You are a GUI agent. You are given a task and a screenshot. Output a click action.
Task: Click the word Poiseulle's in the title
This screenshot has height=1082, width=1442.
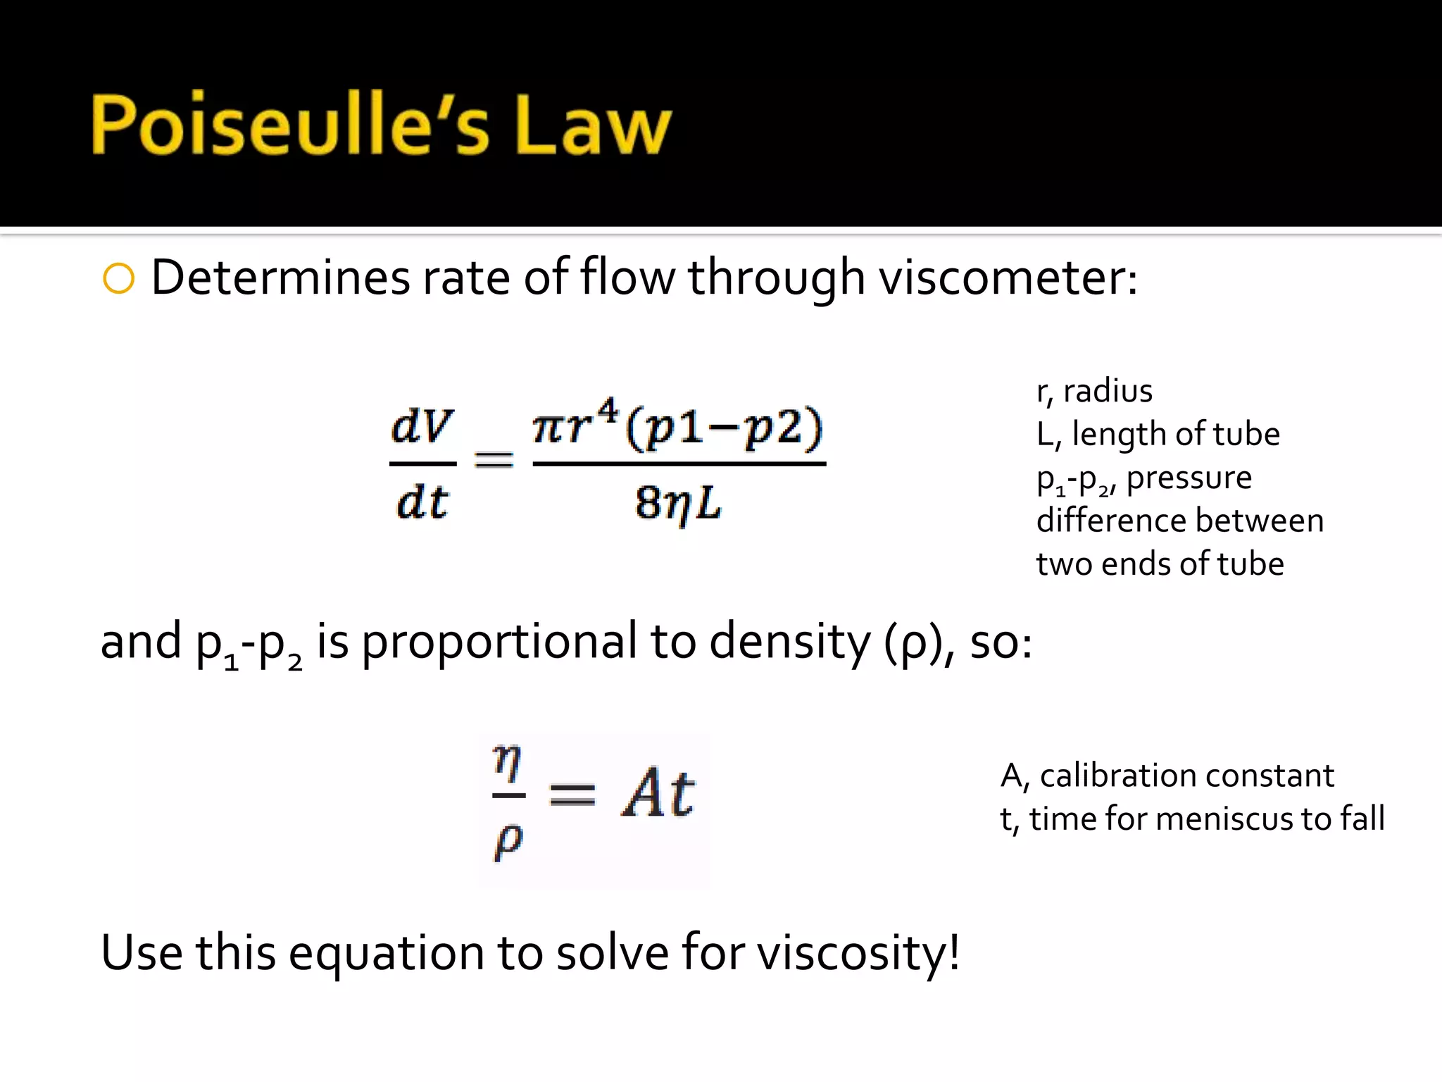[x=289, y=125]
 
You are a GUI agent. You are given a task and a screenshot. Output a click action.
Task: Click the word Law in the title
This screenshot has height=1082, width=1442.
[x=593, y=125]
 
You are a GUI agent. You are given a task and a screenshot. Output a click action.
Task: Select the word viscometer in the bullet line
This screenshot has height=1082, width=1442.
[x=1008, y=278]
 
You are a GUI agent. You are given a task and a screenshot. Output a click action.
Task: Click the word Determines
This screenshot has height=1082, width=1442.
[x=280, y=278]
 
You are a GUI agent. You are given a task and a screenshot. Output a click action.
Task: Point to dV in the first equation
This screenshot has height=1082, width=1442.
[x=422, y=425]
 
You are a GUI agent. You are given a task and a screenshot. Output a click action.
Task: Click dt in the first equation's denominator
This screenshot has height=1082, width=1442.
[x=422, y=503]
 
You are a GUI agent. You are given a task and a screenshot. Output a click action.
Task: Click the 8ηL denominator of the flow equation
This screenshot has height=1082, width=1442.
[x=678, y=504]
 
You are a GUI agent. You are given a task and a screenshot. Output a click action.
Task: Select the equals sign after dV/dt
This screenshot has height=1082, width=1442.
[x=494, y=461]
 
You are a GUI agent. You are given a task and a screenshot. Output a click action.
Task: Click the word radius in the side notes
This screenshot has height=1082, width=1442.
[x=1108, y=391]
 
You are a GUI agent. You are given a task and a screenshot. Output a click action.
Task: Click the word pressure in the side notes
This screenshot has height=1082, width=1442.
[x=1189, y=478]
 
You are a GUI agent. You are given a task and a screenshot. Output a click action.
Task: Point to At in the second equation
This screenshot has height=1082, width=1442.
[x=658, y=793]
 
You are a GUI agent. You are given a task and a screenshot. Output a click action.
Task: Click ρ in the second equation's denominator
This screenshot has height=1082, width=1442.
[x=508, y=840]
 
